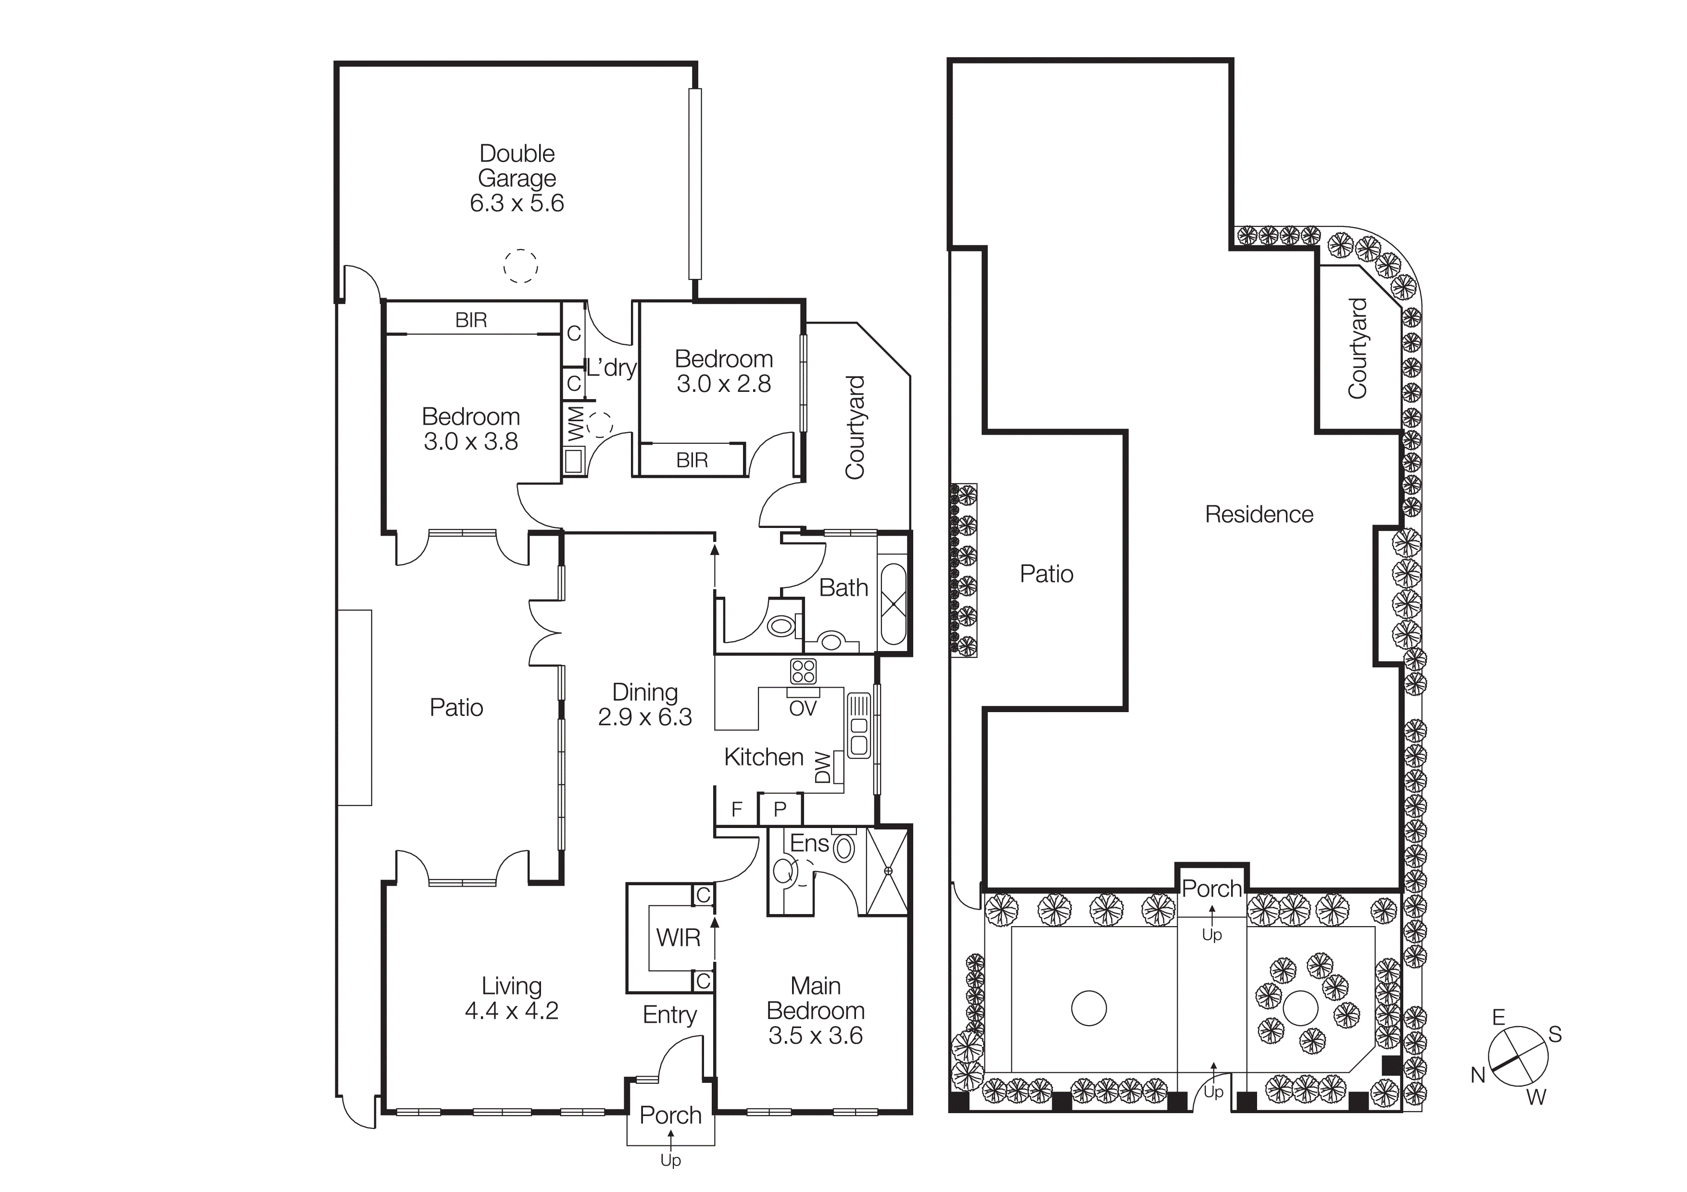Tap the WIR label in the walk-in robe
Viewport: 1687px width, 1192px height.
click(678, 938)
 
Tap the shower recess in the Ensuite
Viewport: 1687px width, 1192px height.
click(888, 871)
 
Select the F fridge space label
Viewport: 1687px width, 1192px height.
click(737, 809)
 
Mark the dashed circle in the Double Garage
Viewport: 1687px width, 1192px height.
click(520, 266)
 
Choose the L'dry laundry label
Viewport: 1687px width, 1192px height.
click(611, 367)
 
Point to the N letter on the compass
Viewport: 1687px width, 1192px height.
click(1478, 1075)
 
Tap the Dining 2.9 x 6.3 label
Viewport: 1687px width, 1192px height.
click(644, 704)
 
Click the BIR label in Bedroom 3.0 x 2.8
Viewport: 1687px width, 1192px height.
click(692, 461)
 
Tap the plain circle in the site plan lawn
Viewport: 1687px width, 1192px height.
click(1088, 1008)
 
